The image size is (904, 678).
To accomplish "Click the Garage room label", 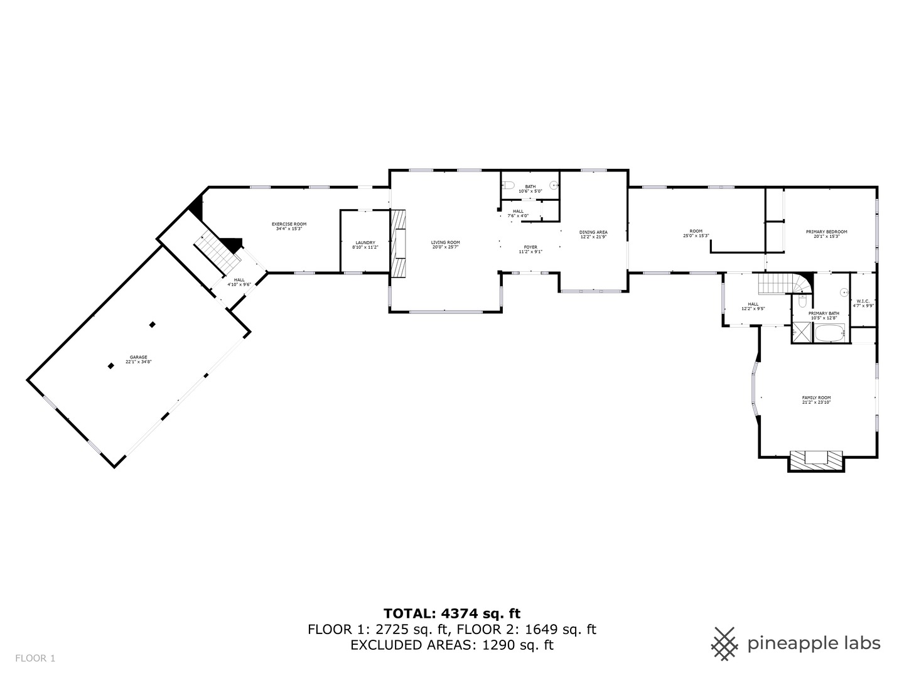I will tap(139, 359).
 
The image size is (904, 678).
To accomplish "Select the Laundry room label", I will tap(365, 245).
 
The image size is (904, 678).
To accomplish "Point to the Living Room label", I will tap(445, 245).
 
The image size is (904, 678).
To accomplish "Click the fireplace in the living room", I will tap(399, 242).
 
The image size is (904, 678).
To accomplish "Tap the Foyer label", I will tap(530, 249).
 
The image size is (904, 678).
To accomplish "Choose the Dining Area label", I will tap(593, 234).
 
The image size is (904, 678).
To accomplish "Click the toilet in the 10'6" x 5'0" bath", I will tap(509, 185).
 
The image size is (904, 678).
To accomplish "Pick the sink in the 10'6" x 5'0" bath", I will tap(553, 185).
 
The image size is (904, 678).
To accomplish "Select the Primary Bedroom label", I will tap(826, 234).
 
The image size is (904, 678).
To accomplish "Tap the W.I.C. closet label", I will tap(863, 303).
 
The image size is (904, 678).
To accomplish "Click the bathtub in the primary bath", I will tap(830, 333).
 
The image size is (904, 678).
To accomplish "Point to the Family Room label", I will tap(816, 400).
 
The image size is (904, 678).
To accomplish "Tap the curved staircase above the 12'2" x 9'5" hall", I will tap(785, 284).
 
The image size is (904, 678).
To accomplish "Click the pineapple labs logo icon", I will tap(724, 643).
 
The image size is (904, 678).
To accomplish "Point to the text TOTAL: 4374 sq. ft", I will tap(452, 613).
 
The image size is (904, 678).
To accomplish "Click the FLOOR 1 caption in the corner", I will tap(36, 658).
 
